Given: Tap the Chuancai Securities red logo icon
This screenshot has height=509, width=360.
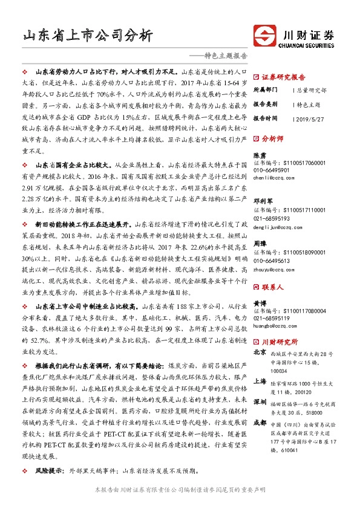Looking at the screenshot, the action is pos(265,34).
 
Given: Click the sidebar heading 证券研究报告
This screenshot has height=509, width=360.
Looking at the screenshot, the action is pos(283,77).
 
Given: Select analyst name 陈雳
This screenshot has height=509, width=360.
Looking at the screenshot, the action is pos(259,156).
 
